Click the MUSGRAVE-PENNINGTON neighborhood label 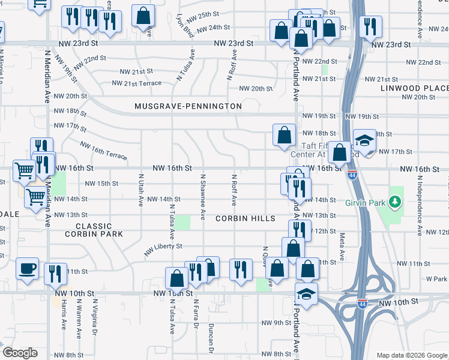pyautogui.click(x=188, y=106)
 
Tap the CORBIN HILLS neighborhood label pyautogui.click(x=246, y=218)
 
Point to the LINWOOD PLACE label pyautogui.click(x=414, y=88)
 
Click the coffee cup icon pyautogui.click(x=26, y=268)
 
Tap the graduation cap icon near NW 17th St pyautogui.click(x=364, y=140)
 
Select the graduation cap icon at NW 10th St pyautogui.click(x=306, y=295)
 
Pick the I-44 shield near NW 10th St pyautogui.click(x=362, y=304)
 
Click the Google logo pyautogui.click(x=20, y=353)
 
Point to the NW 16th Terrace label pyautogui.click(x=103, y=151)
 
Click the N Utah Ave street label pyautogui.click(x=141, y=187)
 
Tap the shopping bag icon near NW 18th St pyautogui.click(x=283, y=135)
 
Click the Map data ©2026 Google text pyautogui.click(x=411, y=355)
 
